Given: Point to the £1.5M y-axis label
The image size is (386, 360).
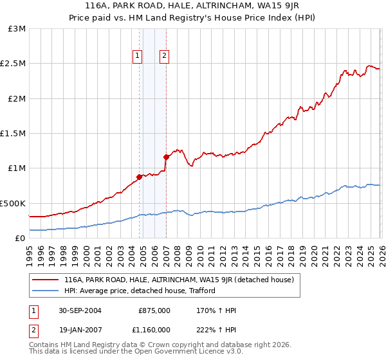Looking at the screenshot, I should tap(14, 134).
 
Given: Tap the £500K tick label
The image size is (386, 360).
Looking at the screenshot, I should tap(13, 203).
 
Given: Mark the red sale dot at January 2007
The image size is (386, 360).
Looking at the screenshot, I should tap(166, 157).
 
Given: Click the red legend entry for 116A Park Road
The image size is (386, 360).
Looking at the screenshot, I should tap(179, 280).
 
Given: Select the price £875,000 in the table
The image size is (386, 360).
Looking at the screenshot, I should tap(154, 310).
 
